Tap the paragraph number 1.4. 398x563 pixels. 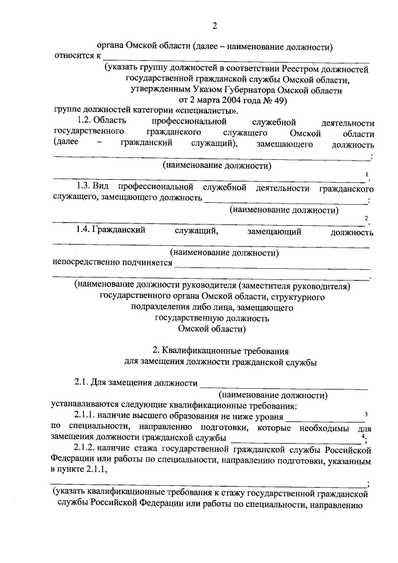point(81,231)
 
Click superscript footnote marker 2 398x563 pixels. point(366,218)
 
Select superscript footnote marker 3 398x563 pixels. point(366,414)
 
